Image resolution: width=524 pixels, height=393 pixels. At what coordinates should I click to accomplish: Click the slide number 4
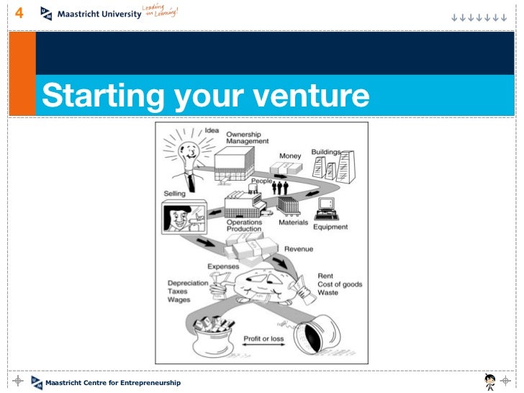(x=19, y=13)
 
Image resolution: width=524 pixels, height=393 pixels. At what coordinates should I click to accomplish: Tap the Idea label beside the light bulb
(x=212, y=130)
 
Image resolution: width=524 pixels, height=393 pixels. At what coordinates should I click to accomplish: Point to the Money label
(x=290, y=156)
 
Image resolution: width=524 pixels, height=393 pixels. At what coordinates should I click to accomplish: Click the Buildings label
(x=326, y=152)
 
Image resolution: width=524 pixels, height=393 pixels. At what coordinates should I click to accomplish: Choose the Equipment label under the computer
(x=330, y=227)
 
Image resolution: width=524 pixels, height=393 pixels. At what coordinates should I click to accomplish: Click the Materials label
(x=293, y=222)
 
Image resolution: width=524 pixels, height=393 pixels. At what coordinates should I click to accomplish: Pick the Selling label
(x=174, y=194)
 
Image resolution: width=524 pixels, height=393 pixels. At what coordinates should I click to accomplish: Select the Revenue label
(x=299, y=249)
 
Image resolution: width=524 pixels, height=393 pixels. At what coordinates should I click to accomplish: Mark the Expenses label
(x=222, y=266)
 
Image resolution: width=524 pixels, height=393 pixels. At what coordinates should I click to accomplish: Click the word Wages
(x=179, y=300)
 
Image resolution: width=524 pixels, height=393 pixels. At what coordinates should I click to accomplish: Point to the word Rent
(x=325, y=276)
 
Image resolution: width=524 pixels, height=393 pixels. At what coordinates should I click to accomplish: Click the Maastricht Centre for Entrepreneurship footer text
(x=113, y=383)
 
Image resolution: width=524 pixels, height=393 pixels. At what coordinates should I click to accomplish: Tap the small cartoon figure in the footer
(x=490, y=381)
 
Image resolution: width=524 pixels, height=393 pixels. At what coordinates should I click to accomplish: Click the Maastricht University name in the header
(x=99, y=14)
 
